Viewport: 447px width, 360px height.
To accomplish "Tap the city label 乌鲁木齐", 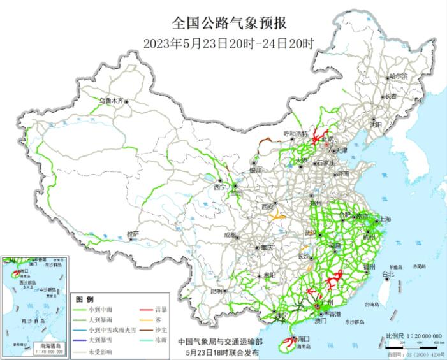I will click(110, 100).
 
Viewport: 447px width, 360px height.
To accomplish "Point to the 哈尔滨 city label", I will click(398, 76).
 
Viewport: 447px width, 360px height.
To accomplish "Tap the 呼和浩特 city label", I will click(295, 134).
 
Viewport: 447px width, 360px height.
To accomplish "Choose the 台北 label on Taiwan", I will click(387, 274).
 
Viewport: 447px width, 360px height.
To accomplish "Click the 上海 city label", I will click(385, 219).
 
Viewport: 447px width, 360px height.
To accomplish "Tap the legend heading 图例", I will click(85, 299).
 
